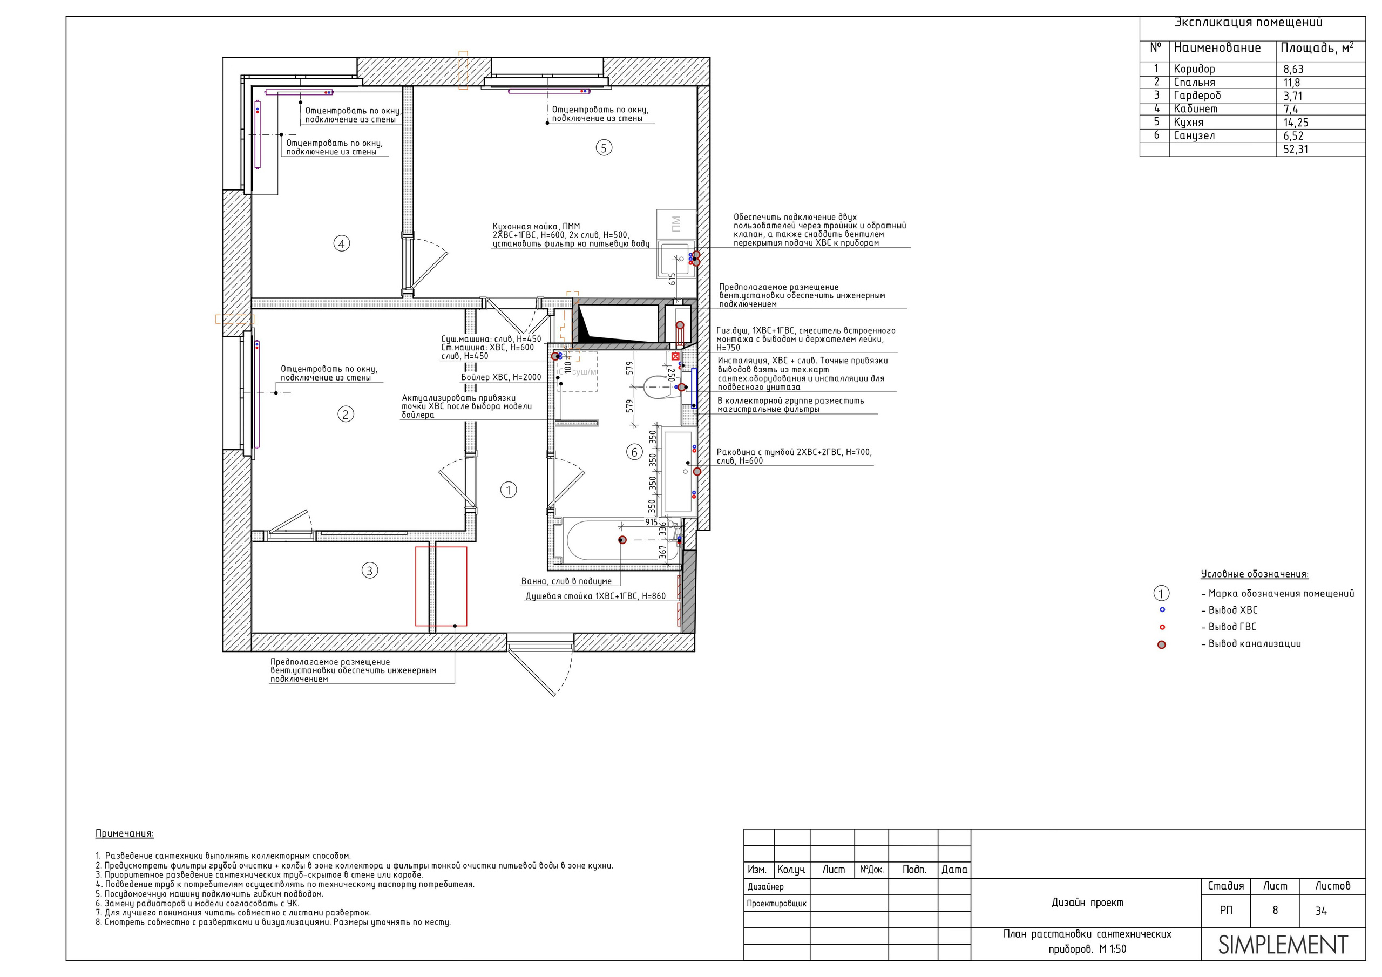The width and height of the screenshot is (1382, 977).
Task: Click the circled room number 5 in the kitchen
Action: click(x=604, y=147)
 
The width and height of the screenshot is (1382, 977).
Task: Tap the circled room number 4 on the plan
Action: click(x=341, y=244)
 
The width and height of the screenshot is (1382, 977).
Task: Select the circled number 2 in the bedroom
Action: click(x=345, y=414)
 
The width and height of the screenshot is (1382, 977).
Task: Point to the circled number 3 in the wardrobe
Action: click(x=370, y=570)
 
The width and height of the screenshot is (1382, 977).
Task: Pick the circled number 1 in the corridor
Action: click(x=509, y=490)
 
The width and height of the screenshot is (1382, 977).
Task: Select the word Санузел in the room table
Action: click(x=1194, y=135)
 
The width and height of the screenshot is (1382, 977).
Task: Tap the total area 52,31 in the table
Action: click(x=1295, y=150)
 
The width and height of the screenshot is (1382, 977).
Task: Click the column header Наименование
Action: click(x=1217, y=48)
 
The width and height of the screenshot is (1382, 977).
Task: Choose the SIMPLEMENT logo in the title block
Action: click(x=1283, y=945)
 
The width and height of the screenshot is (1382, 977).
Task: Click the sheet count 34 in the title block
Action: click(x=1321, y=911)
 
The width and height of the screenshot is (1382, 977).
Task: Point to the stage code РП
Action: click(x=1226, y=910)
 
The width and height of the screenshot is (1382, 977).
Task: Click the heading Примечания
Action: click(x=125, y=834)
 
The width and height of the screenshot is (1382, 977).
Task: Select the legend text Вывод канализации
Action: click(x=1255, y=643)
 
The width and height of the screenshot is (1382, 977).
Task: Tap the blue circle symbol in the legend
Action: click(x=1162, y=610)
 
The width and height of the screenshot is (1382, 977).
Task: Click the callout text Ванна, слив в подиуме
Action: click(x=566, y=581)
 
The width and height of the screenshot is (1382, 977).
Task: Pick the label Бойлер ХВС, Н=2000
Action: click(x=501, y=377)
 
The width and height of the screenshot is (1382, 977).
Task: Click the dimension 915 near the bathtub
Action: click(x=651, y=522)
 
